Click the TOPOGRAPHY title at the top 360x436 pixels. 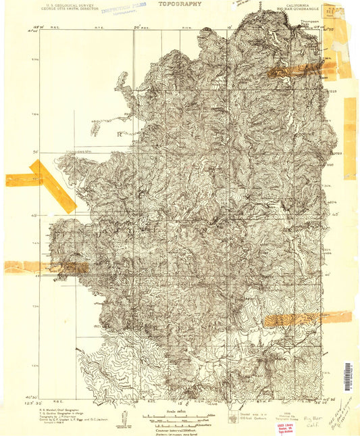180,3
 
